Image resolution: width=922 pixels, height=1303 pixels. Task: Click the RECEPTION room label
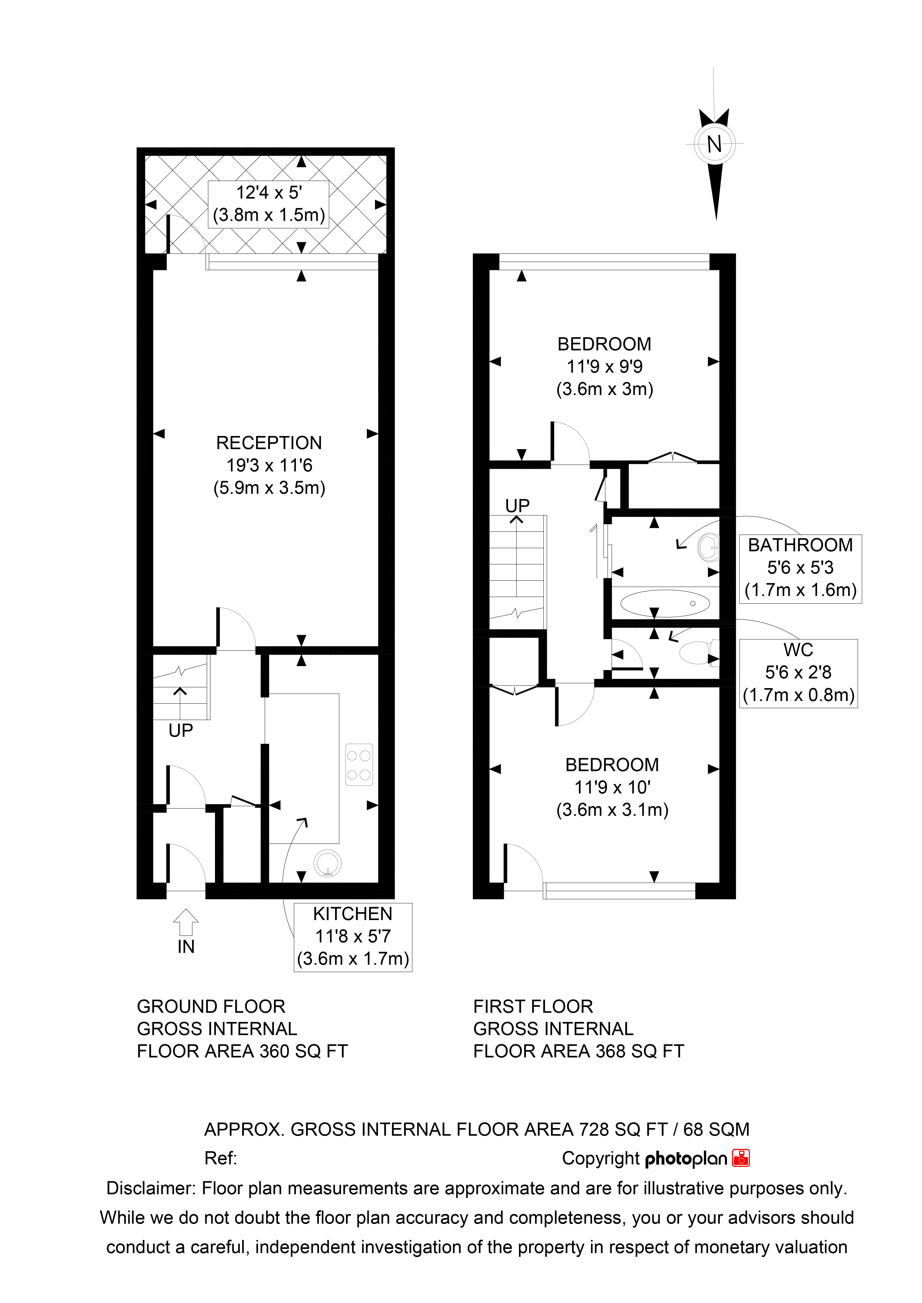tap(269, 443)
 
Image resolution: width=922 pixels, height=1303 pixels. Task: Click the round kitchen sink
tap(327, 864)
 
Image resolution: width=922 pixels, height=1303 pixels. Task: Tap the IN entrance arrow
tap(186, 922)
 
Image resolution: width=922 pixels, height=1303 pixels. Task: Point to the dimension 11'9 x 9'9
tap(605, 367)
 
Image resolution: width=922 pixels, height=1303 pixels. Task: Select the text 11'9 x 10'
tap(612, 787)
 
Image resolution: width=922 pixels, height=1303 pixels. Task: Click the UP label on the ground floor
tap(181, 730)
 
